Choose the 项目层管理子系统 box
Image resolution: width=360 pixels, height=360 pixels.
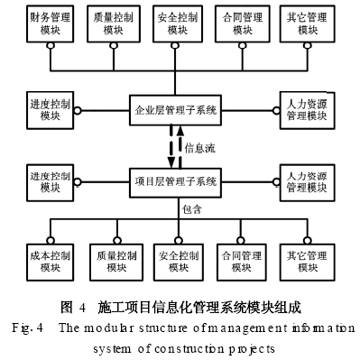pos(176,182)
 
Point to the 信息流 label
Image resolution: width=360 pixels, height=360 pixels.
pos(199,146)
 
